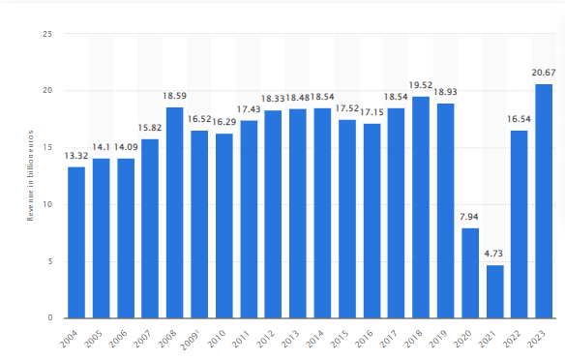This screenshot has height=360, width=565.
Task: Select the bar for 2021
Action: pyautogui.click(x=494, y=291)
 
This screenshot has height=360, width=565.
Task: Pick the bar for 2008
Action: pyautogui.click(x=174, y=213)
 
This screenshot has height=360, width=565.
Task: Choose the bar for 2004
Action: pyautogui.click(x=75, y=243)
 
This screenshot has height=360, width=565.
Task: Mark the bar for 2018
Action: pyautogui.click(x=421, y=207)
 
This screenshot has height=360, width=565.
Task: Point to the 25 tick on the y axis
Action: pyautogui.click(x=47, y=34)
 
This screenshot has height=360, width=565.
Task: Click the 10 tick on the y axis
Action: pyautogui.click(x=47, y=204)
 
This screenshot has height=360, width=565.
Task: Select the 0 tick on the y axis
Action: pyautogui.click(x=50, y=318)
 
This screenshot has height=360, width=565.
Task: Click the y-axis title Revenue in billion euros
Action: pyautogui.click(x=31, y=176)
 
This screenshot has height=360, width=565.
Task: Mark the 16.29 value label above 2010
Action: pyautogui.click(x=223, y=124)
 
